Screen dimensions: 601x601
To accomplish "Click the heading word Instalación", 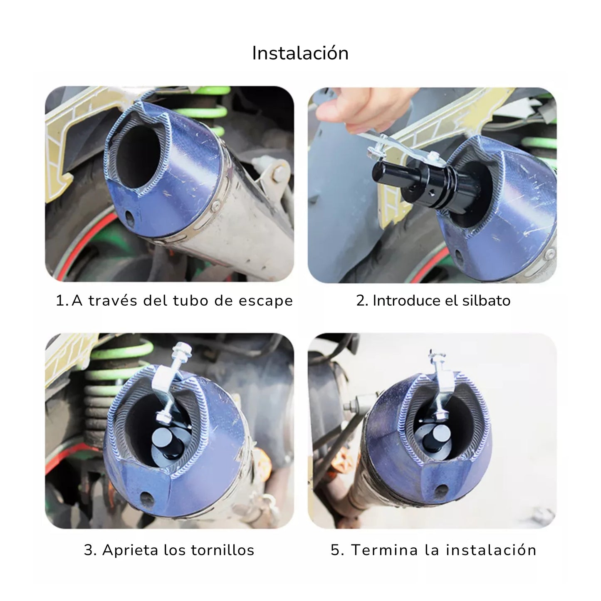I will [x=300, y=53].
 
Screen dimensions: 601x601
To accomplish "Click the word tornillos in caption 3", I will [x=223, y=550].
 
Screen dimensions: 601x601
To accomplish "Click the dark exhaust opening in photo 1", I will [x=139, y=156].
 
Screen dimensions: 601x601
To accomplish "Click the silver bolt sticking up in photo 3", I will [x=182, y=352].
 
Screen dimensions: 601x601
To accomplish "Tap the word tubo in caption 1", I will [x=192, y=301].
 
